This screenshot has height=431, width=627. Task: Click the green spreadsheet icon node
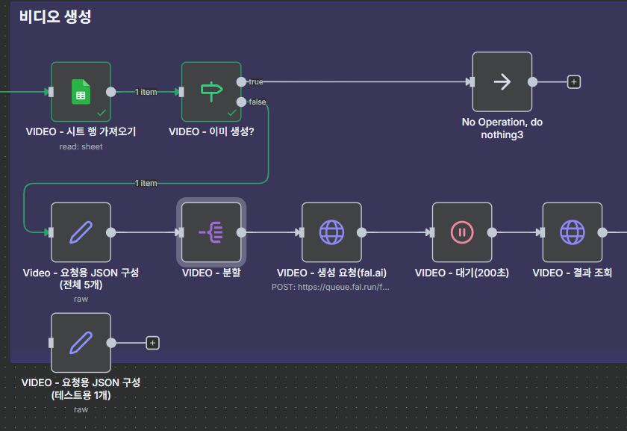coord(81,92)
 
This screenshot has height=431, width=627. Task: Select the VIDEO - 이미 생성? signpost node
coord(211,92)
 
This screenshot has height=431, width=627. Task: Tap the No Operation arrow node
coord(502,82)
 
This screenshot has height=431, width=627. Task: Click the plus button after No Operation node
coord(573,82)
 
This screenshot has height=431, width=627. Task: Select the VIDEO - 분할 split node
coord(211,232)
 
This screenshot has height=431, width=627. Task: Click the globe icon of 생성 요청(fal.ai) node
coord(331,232)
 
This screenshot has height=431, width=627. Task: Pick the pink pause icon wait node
coord(462,232)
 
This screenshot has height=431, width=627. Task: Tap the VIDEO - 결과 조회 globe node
coord(573,232)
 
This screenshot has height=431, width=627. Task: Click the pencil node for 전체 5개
coord(81,232)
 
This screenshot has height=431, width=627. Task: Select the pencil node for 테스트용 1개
coord(81,343)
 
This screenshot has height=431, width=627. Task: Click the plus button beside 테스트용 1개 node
coord(152,343)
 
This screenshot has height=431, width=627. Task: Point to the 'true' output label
coord(255,81)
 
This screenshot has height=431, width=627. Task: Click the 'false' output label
coord(257,102)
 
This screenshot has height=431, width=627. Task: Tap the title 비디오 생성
coord(56,17)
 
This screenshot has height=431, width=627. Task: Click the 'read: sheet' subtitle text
coord(81,146)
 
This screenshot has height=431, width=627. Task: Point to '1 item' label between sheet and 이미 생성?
coord(146,92)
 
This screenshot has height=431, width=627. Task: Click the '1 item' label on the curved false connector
coord(146,183)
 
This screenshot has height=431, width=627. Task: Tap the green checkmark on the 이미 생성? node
coord(231,113)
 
